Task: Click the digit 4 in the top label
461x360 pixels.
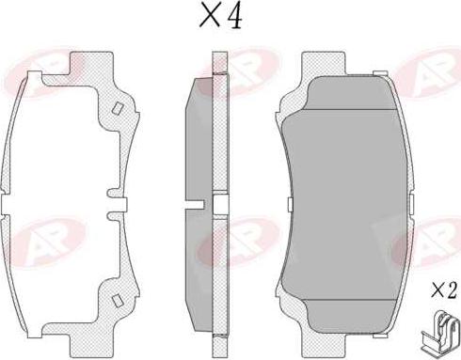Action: click(x=234, y=16)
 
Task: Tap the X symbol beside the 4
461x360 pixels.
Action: click(x=211, y=16)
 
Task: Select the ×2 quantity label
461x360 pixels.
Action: click(x=444, y=290)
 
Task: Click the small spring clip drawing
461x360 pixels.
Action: click(x=438, y=331)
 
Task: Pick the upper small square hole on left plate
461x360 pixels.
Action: click(x=118, y=108)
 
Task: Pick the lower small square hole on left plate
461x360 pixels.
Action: click(x=118, y=301)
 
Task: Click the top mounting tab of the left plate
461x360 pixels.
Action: click(x=91, y=64)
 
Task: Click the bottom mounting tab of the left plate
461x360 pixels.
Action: click(x=91, y=345)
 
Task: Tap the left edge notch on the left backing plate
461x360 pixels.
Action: click(x=6, y=205)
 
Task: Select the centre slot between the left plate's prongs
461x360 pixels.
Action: click(x=117, y=205)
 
